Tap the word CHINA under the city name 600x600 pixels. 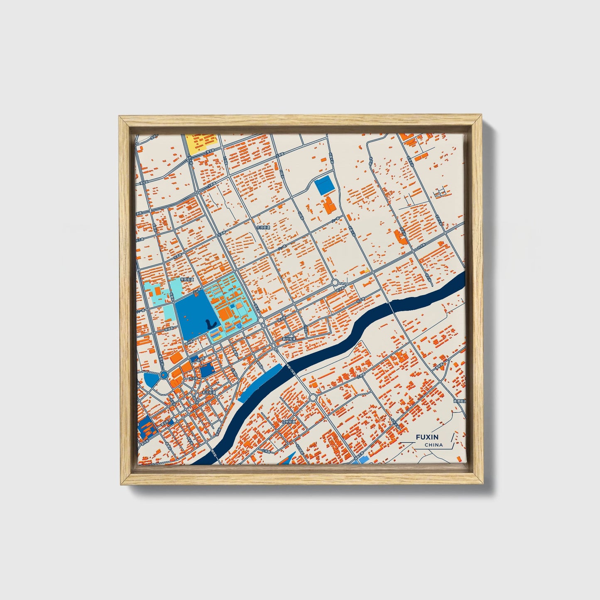coord(433,445)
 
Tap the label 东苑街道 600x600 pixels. coord(262,228)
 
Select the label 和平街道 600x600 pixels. coord(208,392)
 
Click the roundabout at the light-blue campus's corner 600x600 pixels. coord(261,321)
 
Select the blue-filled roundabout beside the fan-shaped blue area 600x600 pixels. coord(164,375)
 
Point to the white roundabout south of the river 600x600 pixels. coord(313,398)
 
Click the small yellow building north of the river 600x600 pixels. coord(366,271)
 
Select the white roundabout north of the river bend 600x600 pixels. coord(335,283)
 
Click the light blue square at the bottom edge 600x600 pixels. coord(362,460)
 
